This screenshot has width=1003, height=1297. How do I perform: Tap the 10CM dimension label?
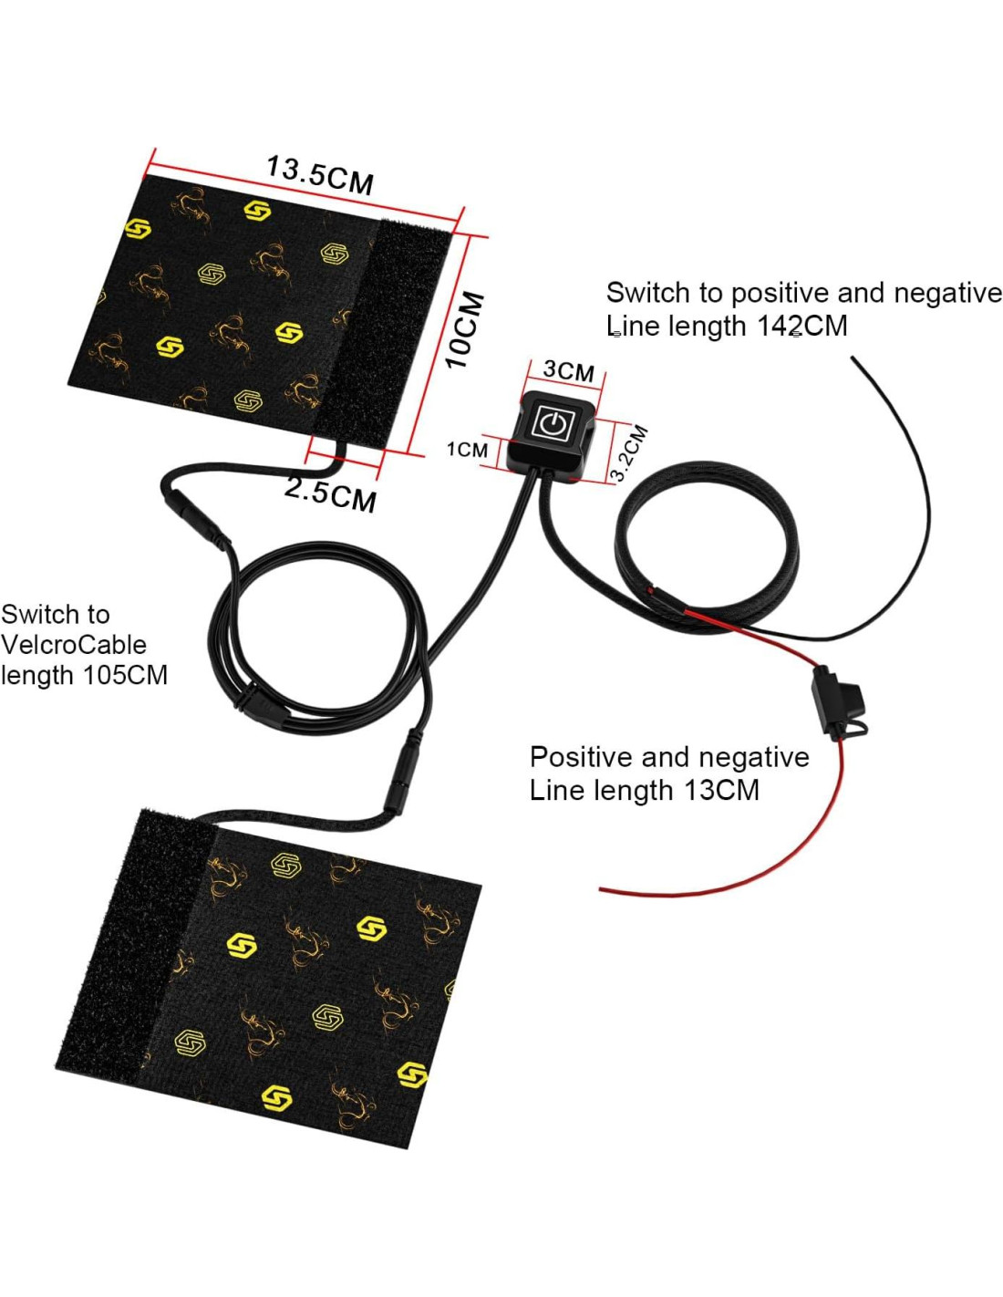point(465,329)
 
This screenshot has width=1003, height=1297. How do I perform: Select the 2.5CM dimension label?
point(330,493)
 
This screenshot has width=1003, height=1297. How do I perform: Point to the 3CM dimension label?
point(568,370)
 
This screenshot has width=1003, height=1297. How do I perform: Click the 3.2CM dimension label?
point(629,452)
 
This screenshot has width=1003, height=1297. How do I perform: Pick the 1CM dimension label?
point(467,450)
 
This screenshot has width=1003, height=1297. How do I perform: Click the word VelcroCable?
point(74,645)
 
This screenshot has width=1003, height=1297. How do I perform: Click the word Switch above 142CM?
point(648,293)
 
